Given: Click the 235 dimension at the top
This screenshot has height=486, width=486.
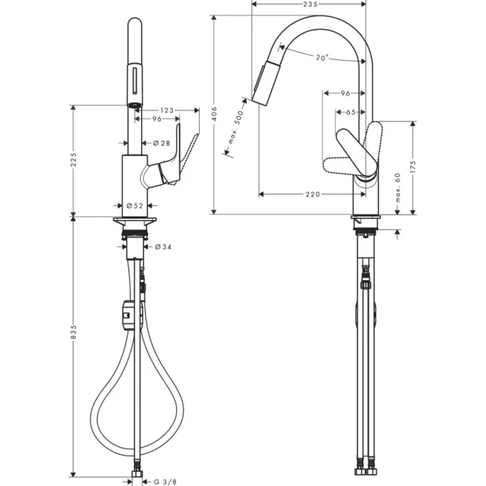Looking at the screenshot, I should coord(310,5).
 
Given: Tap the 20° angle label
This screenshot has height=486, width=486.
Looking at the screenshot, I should coord(321,58).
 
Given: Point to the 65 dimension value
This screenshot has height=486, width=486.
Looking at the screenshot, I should coord(351,112).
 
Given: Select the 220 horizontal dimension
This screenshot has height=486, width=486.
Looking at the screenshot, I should coord(312,194).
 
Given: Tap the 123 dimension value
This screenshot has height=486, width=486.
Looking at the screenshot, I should coord(165,110).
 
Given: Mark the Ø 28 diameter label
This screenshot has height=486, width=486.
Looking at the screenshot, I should coord(161,143).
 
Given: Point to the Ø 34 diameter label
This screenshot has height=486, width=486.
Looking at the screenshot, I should coord(162,246).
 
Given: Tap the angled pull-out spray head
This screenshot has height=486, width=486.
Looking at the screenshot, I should coord(265,82).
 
